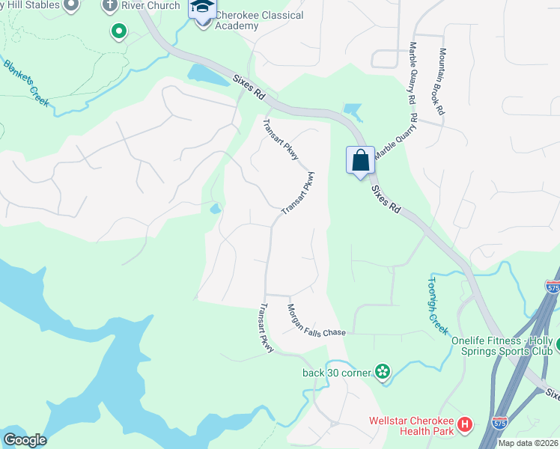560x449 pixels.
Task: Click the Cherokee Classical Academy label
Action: coord(249,20)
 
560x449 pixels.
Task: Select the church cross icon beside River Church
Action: coord(110,6)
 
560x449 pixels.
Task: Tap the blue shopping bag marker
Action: coord(360,159)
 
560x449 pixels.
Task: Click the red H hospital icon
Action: coord(465,425)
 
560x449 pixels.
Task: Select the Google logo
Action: coord(25,440)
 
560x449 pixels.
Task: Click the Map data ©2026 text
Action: coord(528,443)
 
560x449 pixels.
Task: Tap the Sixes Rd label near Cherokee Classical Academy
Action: coord(249,87)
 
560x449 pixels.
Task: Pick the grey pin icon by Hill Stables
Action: coord(71,5)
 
